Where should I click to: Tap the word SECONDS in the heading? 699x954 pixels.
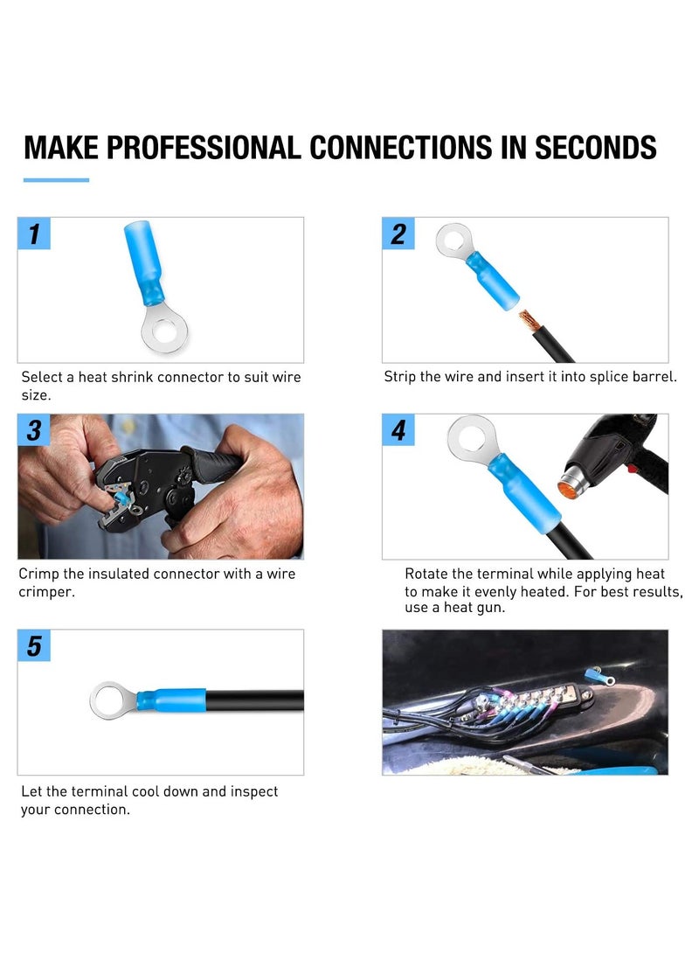coord(595,147)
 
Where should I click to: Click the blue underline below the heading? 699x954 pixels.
coord(56,180)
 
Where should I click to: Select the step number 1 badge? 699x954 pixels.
coord(34,234)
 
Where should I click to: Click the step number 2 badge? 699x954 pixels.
coord(398,234)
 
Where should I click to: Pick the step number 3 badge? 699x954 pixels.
coord(34,430)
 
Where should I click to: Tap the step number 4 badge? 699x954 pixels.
coord(398,430)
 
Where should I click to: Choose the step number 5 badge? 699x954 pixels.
coord(34,646)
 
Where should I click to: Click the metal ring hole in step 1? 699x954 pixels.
coord(163,332)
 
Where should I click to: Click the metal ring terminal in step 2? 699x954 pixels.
coord(454,239)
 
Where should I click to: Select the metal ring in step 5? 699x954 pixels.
coord(111,700)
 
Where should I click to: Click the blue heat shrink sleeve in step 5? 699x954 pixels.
coord(180,700)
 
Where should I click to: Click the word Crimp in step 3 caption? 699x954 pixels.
coord(38,574)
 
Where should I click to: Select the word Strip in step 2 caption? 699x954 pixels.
coord(401,377)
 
